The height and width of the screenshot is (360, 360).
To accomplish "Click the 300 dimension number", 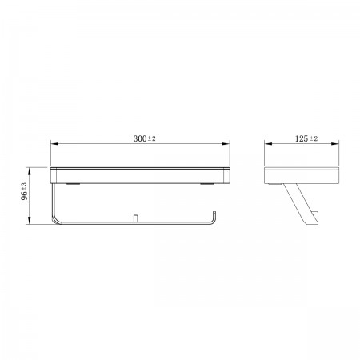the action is pyautogui.click(x=140, y=138).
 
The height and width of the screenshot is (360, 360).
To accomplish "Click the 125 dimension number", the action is pyautogui.click(x=302, y=138).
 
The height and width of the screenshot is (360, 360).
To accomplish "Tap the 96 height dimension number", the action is pyautogui.click(x=24, y=195).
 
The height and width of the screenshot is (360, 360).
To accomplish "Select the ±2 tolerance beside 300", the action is pyautogui.click(x=152, y=138).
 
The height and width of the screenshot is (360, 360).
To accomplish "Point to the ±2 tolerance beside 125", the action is pyautogui.click(x=314, y=138).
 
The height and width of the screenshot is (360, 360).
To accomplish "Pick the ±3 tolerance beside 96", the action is pyautogui.click(x=24, y=186).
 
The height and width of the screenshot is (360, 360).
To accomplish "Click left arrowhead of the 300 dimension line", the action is pyautogui.click(x=54, y=144).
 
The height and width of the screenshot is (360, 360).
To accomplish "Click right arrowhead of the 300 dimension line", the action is pyautogui.click(x=226, y=144).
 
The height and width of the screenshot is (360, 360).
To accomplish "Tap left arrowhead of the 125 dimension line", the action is pyautogui.click(x=268, y=144).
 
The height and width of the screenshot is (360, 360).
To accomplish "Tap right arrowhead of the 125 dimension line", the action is pyautogui.click(x=335, y=144).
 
